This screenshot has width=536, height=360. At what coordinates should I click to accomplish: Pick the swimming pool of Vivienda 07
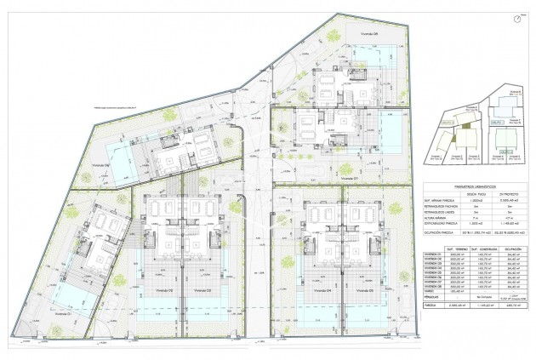pos(392,132)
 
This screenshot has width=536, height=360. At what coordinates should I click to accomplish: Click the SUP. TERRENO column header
pos(455,249)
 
